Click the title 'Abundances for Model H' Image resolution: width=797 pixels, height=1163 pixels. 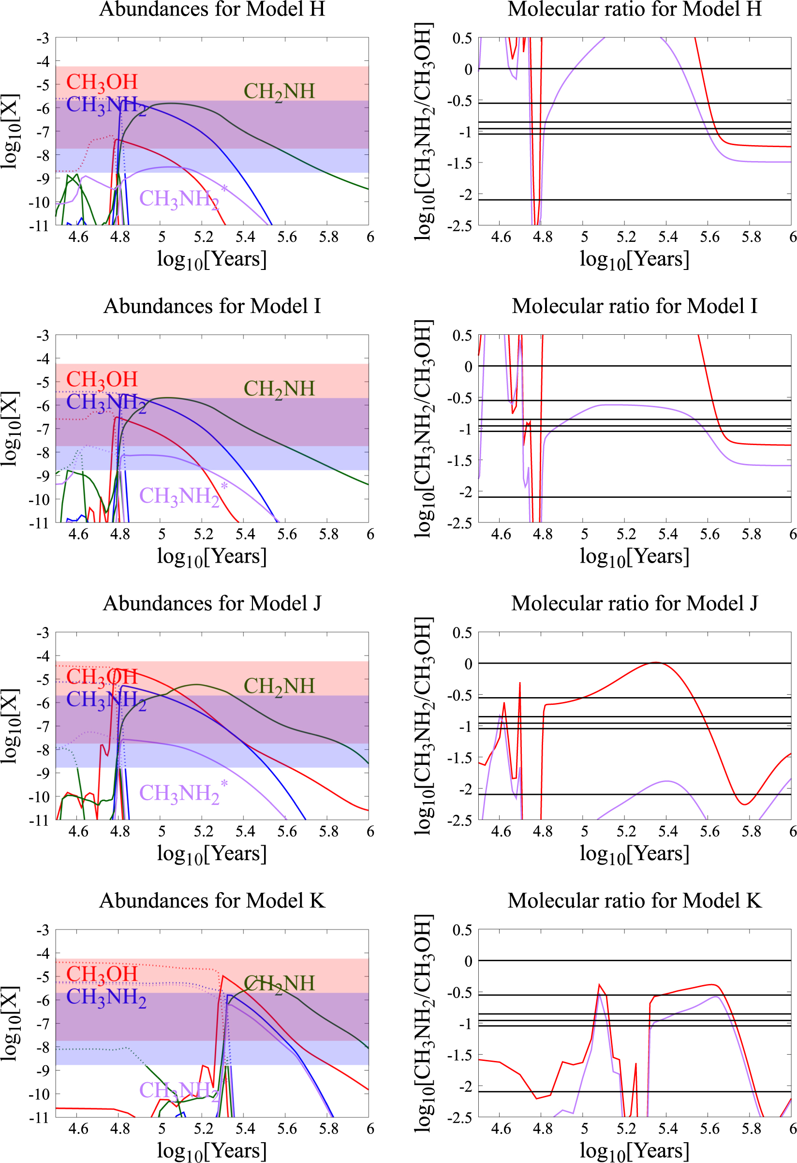coord(212,9)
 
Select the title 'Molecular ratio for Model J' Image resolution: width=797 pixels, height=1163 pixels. coord(635,604)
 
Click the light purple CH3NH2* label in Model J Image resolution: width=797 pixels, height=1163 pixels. coord(182,793)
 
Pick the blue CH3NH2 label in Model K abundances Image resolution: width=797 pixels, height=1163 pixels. coord(106,997)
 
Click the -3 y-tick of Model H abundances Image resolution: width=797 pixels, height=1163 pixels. coord(43,38)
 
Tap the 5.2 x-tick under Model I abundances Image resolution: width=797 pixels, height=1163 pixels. coord(203,535)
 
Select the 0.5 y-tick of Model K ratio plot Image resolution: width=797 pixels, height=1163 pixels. coord(462,930)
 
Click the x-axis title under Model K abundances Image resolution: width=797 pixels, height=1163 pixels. coord(212,1150)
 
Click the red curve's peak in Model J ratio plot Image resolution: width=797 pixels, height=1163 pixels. coord(656,663)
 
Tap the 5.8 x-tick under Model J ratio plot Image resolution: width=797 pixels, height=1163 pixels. coord(751,832)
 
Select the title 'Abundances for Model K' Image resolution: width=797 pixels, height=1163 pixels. coord(212,901)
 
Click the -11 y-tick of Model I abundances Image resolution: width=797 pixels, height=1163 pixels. coord(40,523)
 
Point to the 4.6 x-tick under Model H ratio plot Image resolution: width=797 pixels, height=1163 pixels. coord(501,237)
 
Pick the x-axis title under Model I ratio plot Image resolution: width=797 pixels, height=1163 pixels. coord(635,556)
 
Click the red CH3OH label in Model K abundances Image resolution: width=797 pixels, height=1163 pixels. coord(102,974)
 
